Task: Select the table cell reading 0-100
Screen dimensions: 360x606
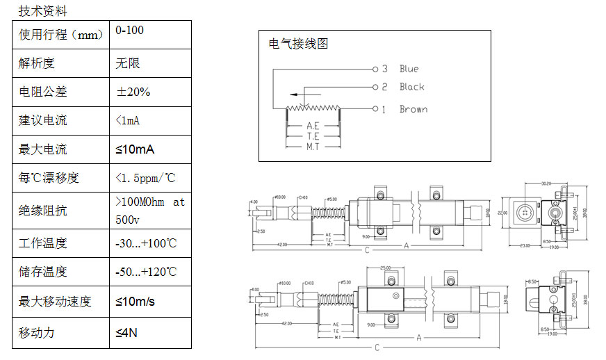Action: (130, 31)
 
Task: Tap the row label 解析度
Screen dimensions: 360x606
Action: (37, 63)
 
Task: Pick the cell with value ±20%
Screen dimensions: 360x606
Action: (133, 92)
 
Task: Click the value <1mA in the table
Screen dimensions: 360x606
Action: (128, 120)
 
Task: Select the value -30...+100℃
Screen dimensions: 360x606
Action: (146, 243)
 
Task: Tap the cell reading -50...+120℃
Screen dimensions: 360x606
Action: (146, 272)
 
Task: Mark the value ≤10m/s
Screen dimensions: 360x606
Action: (136, 302)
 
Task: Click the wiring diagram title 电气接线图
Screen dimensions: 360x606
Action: (298, 44)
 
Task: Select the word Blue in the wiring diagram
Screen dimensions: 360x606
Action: (409, 69)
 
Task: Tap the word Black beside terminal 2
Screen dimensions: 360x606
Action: (411, 87)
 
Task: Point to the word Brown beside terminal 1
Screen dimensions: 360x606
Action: (413, 109)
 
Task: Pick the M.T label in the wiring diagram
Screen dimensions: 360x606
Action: (313, 147)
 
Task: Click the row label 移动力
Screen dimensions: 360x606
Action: (37, 332)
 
